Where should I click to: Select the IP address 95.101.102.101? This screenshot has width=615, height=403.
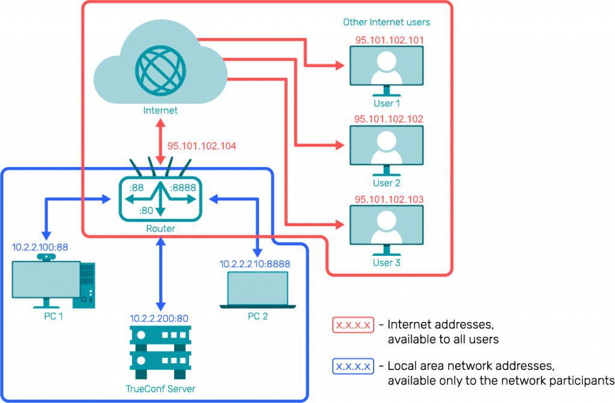(389, 40)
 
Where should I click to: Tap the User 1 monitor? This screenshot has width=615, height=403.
(387, 66)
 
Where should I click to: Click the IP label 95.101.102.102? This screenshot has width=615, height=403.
(389, 120)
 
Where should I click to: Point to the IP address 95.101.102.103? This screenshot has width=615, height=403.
(389, 199)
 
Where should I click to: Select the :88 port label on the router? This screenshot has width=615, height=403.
(136, 187)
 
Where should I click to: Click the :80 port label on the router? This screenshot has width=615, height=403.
(147, 210)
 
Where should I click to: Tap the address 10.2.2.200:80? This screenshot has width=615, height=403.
(160, 317)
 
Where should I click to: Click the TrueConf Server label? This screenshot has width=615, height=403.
(160, 389)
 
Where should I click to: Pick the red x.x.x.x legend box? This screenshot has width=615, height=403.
(353, 326)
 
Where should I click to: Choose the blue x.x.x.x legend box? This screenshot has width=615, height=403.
(353, 366)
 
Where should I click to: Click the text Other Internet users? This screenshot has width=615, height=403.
(386, 22)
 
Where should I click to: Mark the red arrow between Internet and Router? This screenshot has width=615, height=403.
(160, 139)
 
